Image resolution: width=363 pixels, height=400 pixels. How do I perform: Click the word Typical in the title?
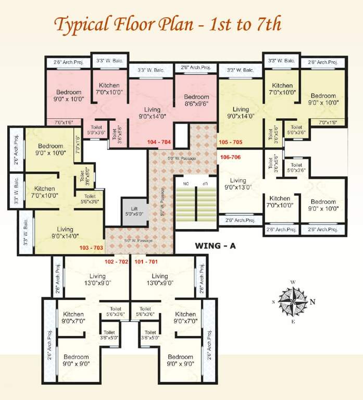83,24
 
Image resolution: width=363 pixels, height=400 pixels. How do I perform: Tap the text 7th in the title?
266,24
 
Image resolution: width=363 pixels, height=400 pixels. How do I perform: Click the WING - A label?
215,245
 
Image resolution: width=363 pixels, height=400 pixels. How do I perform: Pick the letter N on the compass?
312,302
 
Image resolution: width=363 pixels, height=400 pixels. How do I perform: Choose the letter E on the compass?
293,321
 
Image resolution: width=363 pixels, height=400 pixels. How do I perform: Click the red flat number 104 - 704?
159,142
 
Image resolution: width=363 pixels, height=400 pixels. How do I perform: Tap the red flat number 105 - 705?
231,142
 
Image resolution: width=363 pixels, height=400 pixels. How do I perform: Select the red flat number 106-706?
231,157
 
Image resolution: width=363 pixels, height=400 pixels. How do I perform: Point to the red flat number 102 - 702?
117,261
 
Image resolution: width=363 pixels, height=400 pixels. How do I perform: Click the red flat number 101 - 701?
146,261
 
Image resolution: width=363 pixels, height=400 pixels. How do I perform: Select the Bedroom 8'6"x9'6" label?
196,100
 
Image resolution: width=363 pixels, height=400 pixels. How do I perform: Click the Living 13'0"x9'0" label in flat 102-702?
97,280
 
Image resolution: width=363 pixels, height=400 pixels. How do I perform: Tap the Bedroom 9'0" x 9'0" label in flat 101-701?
181,360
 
